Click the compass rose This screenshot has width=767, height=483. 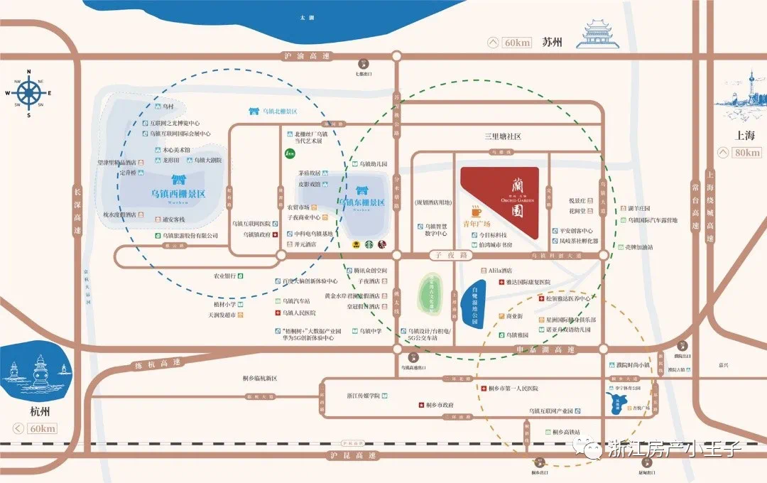point(29,92)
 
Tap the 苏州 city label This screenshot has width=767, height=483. point(551,42)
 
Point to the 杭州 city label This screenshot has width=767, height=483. point(28,413)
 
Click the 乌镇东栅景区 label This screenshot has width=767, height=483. point(361,202)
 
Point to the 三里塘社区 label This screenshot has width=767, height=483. point(503,136)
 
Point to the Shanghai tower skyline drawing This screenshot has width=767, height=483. point(744,96)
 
